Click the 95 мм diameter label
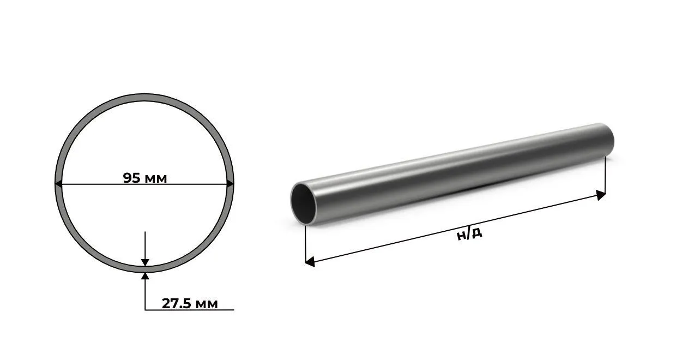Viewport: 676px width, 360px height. click(x=145, y=178)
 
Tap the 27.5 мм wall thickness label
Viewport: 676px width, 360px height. click(x=190, y=303)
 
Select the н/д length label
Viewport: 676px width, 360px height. click(x=469, y=234)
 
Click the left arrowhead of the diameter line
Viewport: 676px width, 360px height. click(x=58, y=183)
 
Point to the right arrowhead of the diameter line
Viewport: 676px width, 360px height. click(x=230, y=183)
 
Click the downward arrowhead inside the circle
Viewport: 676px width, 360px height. click(x=145, y=262)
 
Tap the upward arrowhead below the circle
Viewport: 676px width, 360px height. click(x=145, y=276)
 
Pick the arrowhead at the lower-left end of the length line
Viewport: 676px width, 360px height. click(x=310, y=262)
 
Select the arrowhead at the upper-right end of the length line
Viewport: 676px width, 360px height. click(x=601, y=195)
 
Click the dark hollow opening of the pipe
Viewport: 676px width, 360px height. click(x=304, y=204)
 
